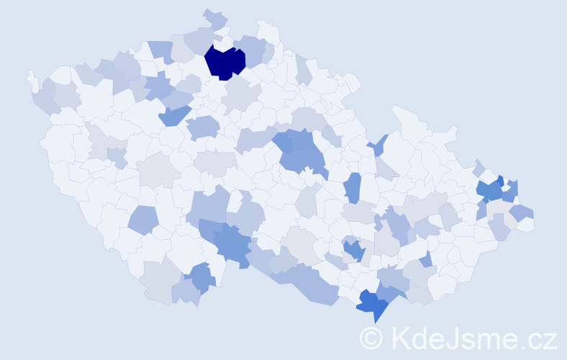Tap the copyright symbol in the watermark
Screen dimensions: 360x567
(x=372, y=337)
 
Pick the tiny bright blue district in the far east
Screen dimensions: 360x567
(x=501, y=181)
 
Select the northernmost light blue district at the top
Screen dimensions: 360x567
(x=214, y=18)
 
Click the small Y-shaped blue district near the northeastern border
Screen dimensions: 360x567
(x=380, y=145)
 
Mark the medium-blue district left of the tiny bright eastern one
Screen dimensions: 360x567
(x=489, y=191)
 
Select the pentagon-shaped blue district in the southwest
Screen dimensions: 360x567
(x=144, y=220)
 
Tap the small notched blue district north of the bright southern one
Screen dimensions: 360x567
(x=353, y=250)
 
